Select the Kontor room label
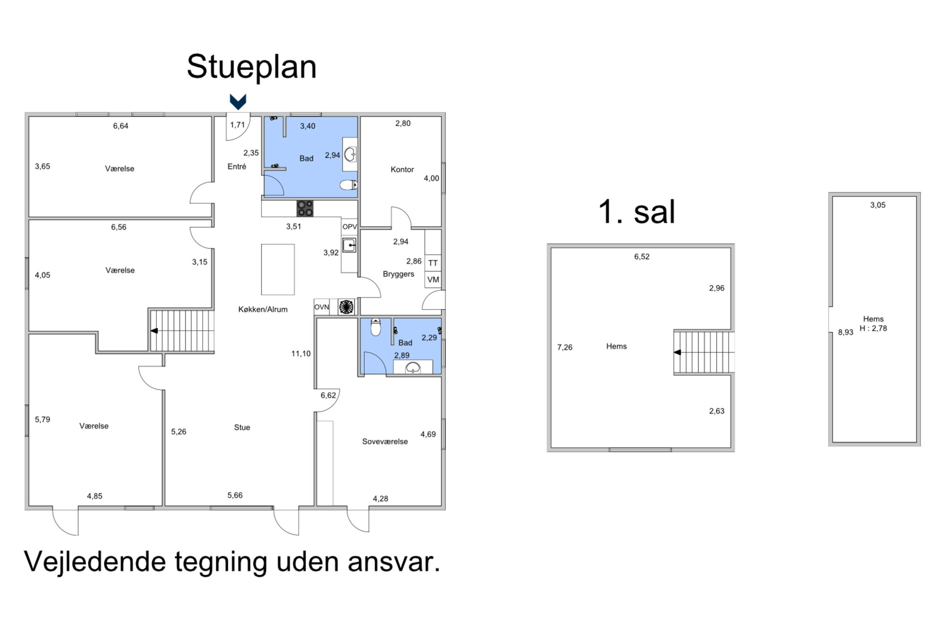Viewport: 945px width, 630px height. [x=402, y=169]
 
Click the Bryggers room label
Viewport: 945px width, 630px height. [x=398, y=274]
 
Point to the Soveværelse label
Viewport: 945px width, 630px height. [x=385, y=441]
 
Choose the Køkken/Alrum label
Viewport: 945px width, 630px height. [x=263, y=309]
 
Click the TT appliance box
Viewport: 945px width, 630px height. [x=433, y=263]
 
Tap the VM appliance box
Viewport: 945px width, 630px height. [x=433, y=279]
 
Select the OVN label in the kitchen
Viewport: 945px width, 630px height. [x=321, y=307]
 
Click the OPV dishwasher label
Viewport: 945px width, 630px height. [x=350, y=227]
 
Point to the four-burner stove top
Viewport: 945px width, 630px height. [x=305, y=208]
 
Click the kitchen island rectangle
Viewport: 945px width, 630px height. [x=278, y=269]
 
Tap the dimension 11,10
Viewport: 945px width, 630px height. [x=301, y=354]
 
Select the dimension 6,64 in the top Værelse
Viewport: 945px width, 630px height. [x=120, y=126]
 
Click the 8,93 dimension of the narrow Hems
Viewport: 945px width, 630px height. [x=845, y=332]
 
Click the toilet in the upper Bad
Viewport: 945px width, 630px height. [x=349, y=185]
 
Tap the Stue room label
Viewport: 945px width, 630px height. [x=242, y=427]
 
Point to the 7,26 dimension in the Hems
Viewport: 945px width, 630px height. [x=565, y=347]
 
